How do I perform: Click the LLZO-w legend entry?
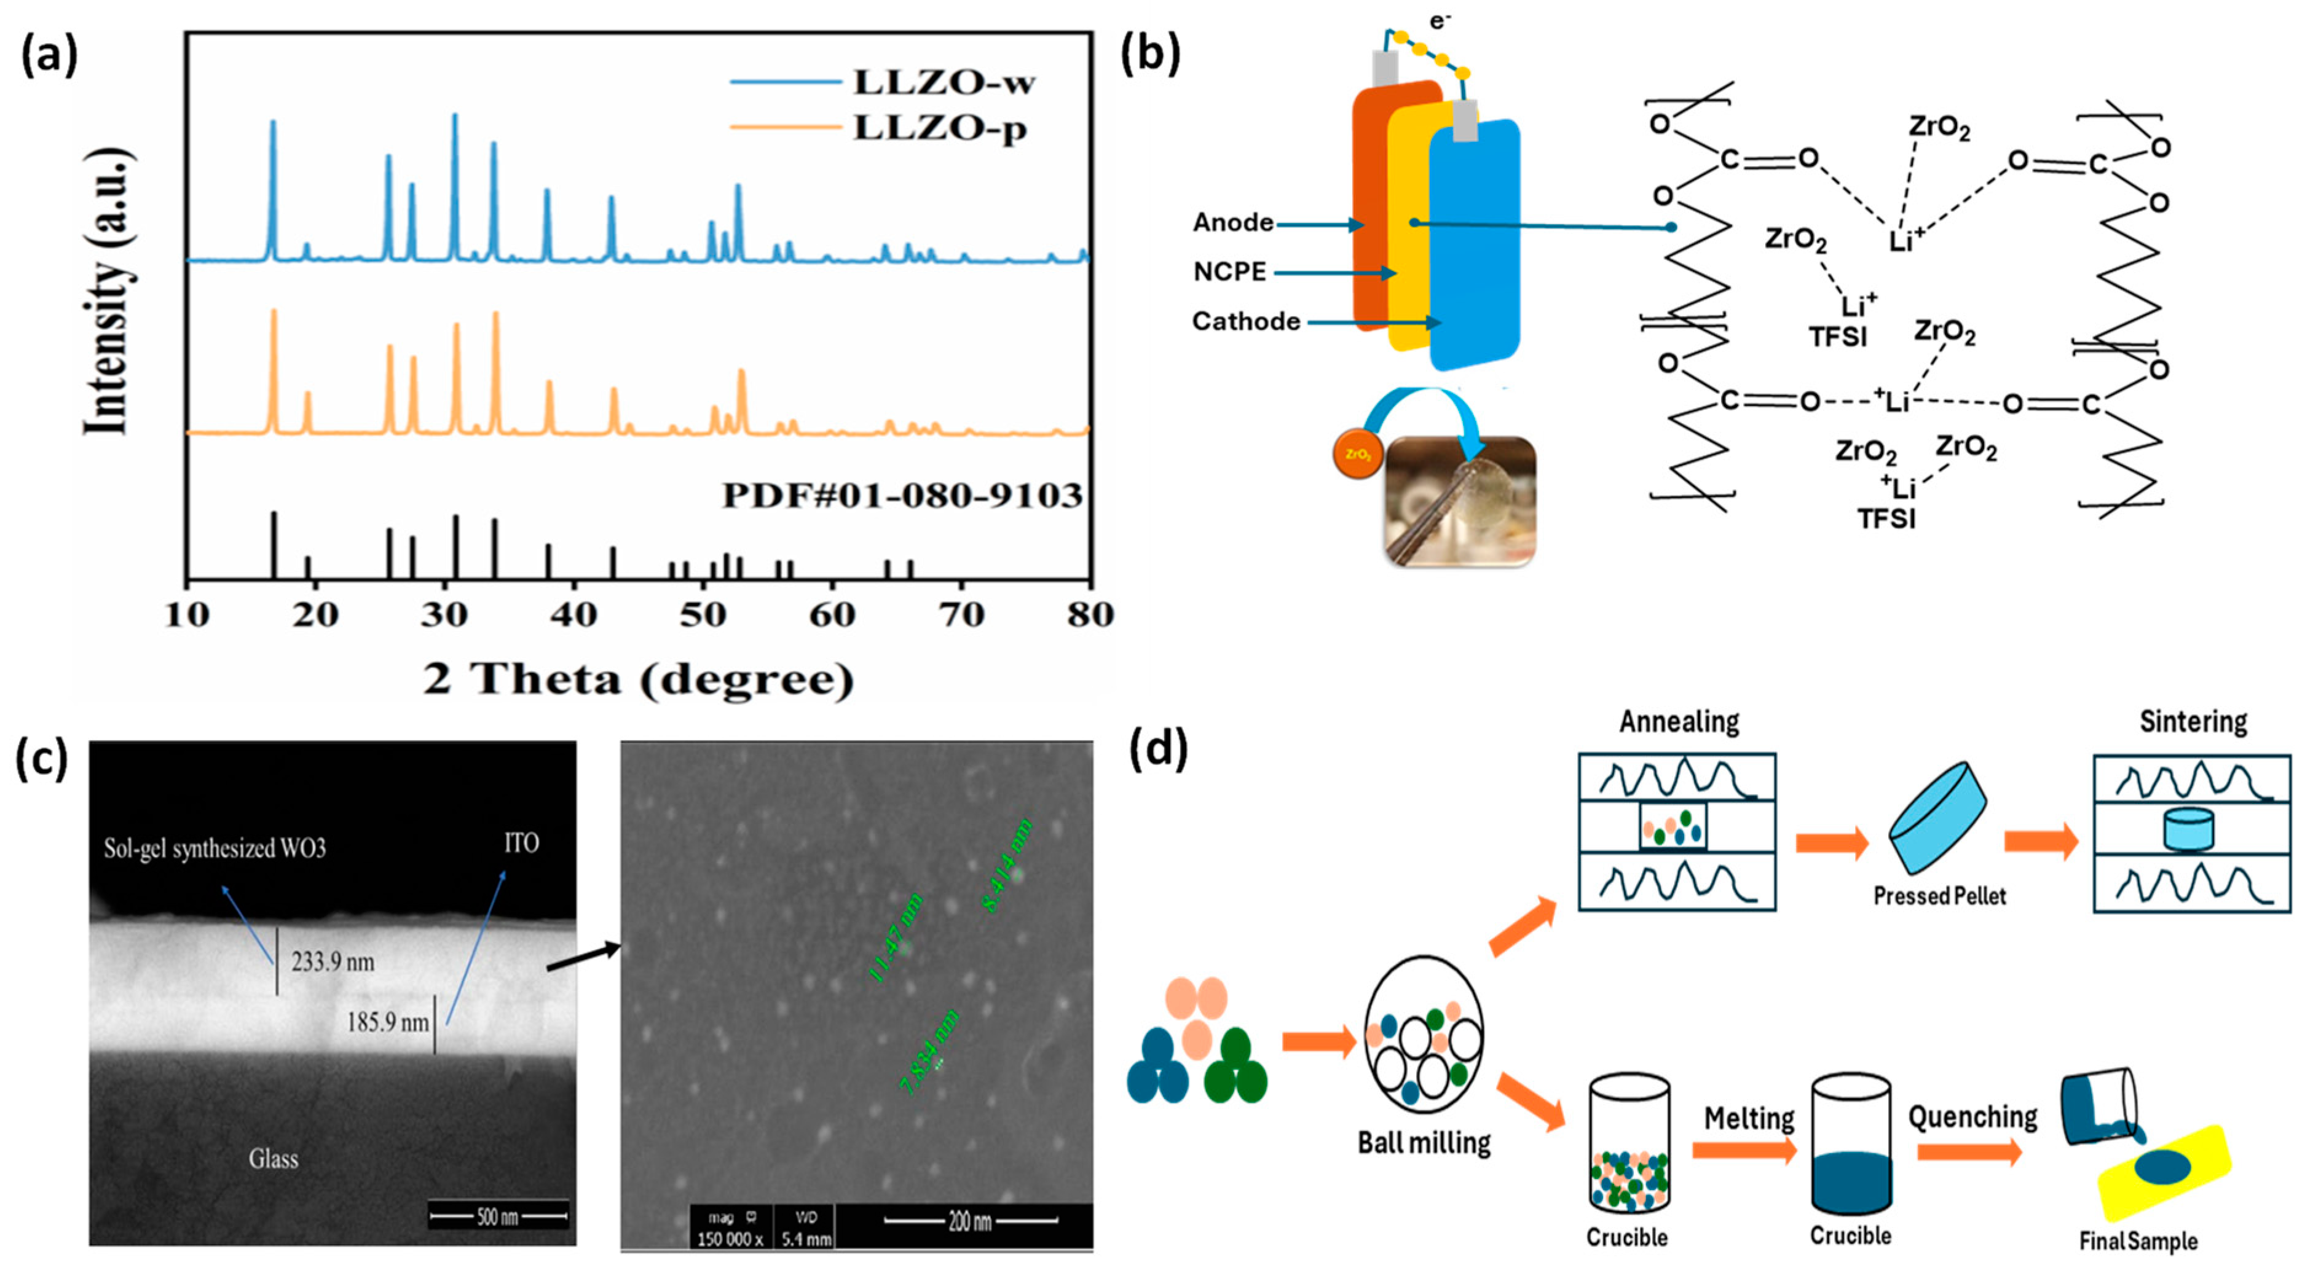coord(943,82)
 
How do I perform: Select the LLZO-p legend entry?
coord(939,128)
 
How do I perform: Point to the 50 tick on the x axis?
coord(703,615)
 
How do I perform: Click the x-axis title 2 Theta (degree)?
coord(639,680)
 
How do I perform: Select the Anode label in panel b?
coord(1233,222)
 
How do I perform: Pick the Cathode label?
coord(1245,321)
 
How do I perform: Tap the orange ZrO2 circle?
coord(1358,454)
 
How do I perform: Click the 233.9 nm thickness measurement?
coord(332,962)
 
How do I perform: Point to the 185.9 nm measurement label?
coord(388,1022)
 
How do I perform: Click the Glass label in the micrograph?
coord(273,1159)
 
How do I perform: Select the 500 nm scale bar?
coord(498,1217)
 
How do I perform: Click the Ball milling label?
coord(1424,1143)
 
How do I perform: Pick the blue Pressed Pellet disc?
coord(1937,816)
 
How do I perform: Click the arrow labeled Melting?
coord(1744,1150)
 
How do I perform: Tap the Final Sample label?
coord(2138,1242)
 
